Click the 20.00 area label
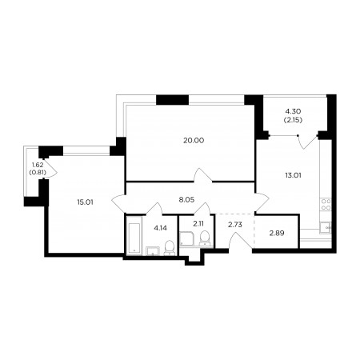coord(194,140)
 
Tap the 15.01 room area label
coord(85,202)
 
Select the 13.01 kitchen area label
coord(293,175)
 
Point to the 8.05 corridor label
coord(186,199)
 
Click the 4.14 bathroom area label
coord(160,228)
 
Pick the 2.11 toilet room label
coord(198,223)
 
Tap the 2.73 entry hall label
coord(235,225)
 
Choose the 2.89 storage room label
coord(277,233)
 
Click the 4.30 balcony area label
coord(293,111)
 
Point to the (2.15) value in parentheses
coord(293,120)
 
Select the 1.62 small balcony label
coord(38,165)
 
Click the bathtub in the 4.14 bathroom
coord(134,236)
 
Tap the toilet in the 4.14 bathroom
coord(169,247)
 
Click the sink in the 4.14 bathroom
coord(153,251)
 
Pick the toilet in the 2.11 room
coord(205,238)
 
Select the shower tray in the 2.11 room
coord(187,238)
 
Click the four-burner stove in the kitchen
coord(326,205)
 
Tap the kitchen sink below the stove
coord(326,228)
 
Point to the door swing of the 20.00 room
coord(203,175)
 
